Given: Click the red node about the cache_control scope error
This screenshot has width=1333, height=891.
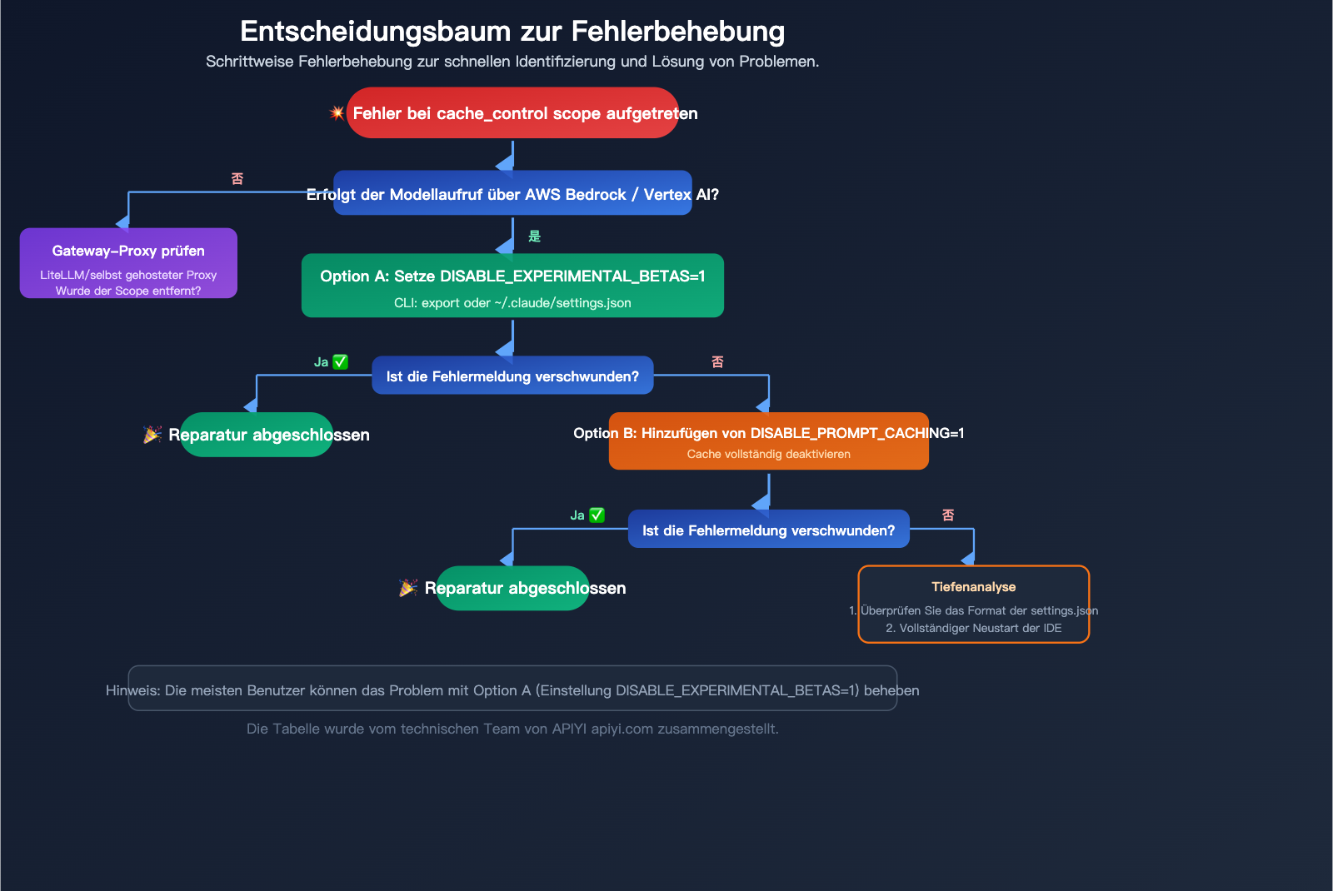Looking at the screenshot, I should click(512, 113).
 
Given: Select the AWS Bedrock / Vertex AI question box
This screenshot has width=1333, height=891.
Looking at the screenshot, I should click(512, 193).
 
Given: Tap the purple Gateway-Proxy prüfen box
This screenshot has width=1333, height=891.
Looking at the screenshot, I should click(128, 263).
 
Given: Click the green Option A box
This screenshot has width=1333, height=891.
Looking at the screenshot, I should click(512, 286).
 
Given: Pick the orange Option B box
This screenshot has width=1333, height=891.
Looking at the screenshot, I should click(768, 441).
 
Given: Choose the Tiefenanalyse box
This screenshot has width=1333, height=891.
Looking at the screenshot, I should click(973, 605).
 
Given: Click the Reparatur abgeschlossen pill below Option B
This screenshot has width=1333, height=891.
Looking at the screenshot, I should click(512, 588).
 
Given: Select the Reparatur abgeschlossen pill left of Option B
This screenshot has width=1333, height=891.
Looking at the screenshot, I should click(257, 435).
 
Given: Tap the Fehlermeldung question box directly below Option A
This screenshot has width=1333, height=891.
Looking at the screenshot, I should click(512, 376).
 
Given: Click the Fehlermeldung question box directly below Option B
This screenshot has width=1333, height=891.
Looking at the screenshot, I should click(768, 530).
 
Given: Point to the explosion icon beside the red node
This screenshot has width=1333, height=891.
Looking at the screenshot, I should click(337, 112).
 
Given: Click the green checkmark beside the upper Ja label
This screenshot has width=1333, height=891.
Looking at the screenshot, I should click(340, 362).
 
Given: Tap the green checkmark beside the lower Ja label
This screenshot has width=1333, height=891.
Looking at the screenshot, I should click(597, 515).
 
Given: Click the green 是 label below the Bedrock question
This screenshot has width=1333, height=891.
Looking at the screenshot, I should click(535, 236).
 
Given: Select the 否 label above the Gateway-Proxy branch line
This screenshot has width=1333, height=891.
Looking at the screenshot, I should click(237, 179).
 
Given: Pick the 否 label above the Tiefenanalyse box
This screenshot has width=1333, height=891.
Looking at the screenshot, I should click(948, 515).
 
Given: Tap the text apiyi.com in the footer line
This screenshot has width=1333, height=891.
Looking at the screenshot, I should click(622, 729).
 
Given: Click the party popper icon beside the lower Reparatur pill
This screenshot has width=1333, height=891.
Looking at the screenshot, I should click(408, 588).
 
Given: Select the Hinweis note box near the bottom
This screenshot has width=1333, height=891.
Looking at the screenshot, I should click(512, 689).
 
